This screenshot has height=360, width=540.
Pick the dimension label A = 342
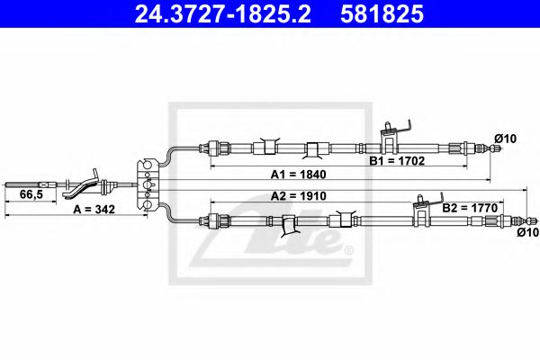point(94,208)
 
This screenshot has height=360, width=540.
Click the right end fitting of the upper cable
point(472,148)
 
